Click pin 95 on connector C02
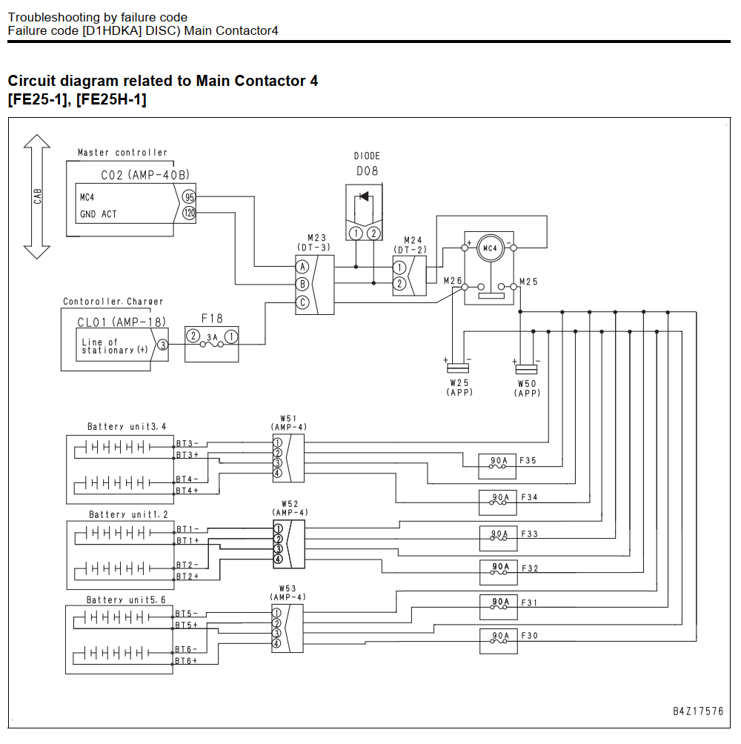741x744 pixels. click(x=189, y=197)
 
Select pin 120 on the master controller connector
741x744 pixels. click(x=189, y=213)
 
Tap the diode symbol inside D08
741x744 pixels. click(x=364, y=196)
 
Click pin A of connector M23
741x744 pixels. click(x=302, y=267)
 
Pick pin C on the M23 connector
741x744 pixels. click(x=302, y=302)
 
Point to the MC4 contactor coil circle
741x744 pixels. click(x=490, y=248)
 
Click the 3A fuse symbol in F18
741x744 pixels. click(x=212, y=343)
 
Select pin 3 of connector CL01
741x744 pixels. click(x=163, y=345)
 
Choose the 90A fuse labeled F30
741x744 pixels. click(x=498, y=641)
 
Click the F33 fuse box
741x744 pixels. click(x=498, y=539)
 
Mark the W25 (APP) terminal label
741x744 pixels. click(x=459, y=387)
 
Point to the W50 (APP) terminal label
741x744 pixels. click(x=527, y=388)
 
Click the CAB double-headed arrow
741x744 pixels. click(x=37, y=196)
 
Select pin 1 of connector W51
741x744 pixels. click(x=278, y=442)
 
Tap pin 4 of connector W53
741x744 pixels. click(x=276, y=643)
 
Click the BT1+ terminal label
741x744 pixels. click(x=188, y=540)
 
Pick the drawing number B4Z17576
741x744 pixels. click(x=698, y=711)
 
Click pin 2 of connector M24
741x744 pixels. click(x=399, y=284)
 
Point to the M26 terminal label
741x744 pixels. click(x=453, y=281)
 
